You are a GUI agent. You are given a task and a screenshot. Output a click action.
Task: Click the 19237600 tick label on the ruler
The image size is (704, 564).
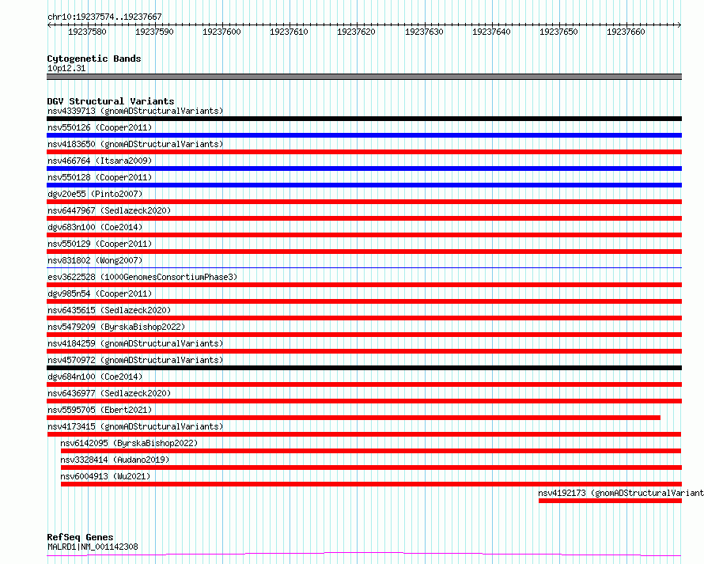pyautogui.click(x=221, y=32)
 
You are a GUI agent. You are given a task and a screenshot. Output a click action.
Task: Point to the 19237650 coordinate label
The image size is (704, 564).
pyautogui.click(x=558, y=32)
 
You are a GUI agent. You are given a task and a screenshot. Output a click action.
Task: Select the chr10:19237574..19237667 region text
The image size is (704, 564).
pyautogui.click(x=104, y=17)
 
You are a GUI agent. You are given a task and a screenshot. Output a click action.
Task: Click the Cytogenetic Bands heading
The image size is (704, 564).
pyautogui.click(x=94, y=59)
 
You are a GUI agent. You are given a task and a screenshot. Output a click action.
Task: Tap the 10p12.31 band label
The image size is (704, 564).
pyautogui.click(x=66, y=68)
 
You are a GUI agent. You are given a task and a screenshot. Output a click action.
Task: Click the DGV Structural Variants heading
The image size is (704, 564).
pyautogui.click(x=111, y=101)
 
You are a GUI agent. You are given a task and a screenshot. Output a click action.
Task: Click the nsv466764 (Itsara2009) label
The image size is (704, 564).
pyautogui.click(x=100, y=161)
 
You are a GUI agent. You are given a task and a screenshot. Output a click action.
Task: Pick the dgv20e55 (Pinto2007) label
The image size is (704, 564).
pyautogui.click(x=95, y=194)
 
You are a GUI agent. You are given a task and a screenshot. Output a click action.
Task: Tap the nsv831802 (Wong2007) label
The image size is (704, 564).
pyautogui.click(x=95, y=260)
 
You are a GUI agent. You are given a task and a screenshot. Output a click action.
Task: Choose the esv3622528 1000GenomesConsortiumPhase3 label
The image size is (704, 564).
pyautogui.click(x=142, y=277)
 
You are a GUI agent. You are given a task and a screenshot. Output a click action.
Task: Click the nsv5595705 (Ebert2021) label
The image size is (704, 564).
pyautogui.click(x=100, y=410)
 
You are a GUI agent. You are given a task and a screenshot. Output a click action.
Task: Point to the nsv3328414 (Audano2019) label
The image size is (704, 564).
pyautogui.click(x=115, y=460)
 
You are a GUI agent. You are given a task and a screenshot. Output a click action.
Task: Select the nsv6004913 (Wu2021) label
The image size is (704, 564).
pyautogui.click(x=105, y=476)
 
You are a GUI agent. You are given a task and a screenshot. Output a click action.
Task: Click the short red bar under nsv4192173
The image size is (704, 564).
pyautogui.click(x=610, y=501)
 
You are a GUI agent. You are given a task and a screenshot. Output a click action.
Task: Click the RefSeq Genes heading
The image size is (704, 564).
pyautogui.click(x=81, y=538)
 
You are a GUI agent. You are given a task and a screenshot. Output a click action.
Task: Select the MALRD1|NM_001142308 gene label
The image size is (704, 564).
pyautogui.click(x=93, y=547)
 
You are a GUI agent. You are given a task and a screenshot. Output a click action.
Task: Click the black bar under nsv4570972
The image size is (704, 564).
pyautogui.click(x=364, y=368)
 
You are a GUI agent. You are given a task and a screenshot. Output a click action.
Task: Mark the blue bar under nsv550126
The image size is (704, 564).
pyautogui.click(x=364, y=135)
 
